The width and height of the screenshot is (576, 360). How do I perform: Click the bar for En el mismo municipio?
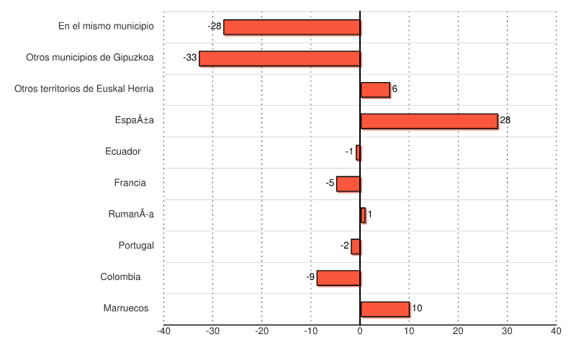pos(292,27)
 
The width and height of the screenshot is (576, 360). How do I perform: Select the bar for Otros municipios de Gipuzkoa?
pos(279,58)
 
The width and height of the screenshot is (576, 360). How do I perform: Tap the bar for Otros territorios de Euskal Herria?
pos(375,89)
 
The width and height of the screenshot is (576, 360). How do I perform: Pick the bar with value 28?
pos(429,121)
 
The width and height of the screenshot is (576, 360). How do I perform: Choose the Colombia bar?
pos(338,277)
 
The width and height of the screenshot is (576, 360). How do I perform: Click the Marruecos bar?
pos(384,309)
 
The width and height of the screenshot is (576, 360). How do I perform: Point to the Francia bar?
pos(348,184)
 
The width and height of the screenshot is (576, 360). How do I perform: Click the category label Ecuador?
pos(122,152)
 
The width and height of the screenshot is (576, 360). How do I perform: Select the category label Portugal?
pos(136,246)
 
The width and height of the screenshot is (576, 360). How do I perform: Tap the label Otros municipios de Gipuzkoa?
pos(90,58)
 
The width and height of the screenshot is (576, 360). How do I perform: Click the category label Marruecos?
pos(126,308)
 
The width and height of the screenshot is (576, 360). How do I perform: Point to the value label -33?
pos(190,58)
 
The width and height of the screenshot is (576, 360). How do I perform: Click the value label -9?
pos(310,277)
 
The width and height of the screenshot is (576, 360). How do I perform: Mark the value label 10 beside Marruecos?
pos(417,308)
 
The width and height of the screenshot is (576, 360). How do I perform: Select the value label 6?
pos(395,89)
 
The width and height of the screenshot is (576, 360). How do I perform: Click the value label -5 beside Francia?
pos(330,184)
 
